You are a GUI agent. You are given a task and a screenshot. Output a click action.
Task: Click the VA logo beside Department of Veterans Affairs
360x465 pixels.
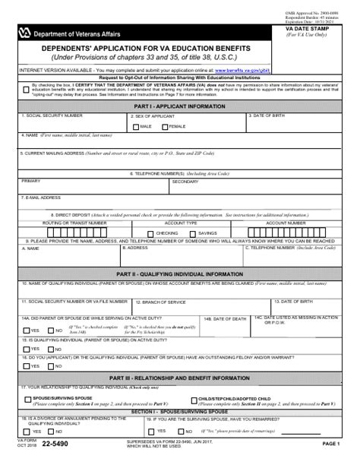28,32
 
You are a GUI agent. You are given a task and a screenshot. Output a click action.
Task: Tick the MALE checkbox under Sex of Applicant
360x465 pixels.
136,126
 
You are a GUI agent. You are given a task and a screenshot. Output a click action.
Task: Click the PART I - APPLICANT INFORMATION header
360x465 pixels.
179,106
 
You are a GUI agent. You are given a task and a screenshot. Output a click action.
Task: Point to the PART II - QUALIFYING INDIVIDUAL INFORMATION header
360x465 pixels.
179,273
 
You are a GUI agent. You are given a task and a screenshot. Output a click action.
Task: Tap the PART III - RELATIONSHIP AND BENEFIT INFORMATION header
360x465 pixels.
179,378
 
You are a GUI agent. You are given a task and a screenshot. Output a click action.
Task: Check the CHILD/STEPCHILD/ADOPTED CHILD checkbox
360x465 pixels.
191,398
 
